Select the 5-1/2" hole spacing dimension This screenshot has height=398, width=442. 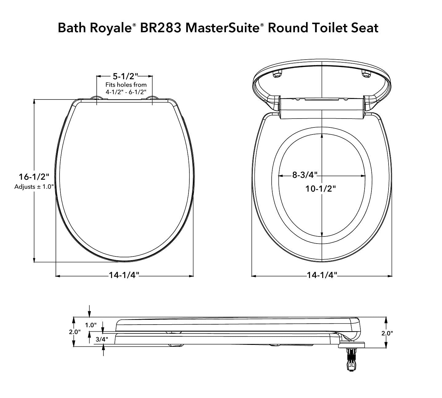click(125, 76)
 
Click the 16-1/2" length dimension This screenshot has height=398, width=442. click(34, 177)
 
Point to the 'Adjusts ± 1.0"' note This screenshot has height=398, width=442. click(34, 187)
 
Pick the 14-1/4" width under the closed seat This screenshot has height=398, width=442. click(124, 275)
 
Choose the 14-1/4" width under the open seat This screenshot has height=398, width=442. click(322, 275)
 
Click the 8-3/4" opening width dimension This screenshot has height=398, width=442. click(304, 175)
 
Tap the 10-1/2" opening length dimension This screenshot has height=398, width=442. click(320, 189)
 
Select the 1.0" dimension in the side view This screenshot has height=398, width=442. click(91, 325)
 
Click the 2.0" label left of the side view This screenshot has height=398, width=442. click(75, 332)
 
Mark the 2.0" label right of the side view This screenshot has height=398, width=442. click(387, 333)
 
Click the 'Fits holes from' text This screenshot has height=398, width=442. click(126, 85)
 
